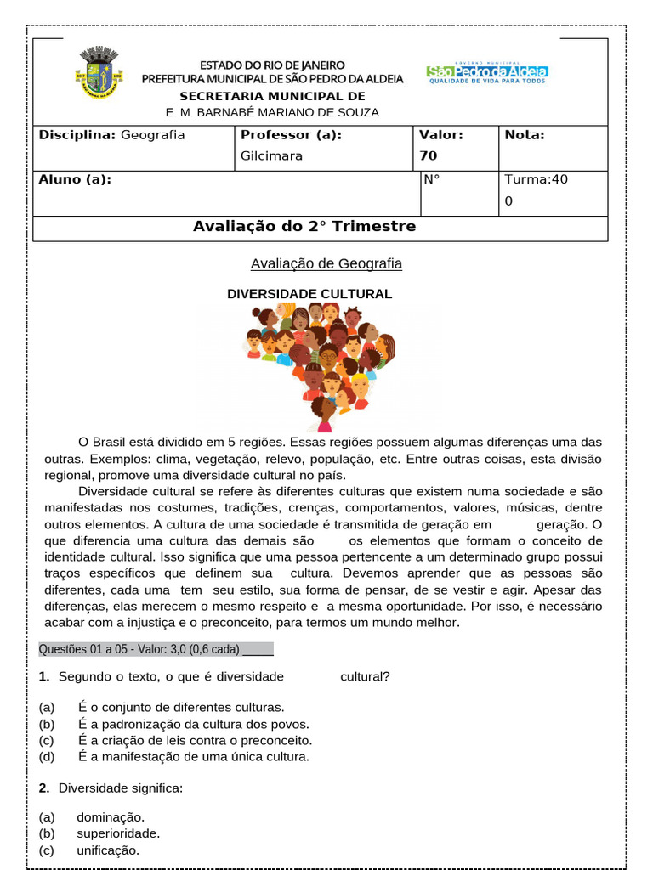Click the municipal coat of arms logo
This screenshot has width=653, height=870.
point(100,72)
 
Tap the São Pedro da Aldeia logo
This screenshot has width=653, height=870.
point(486,74)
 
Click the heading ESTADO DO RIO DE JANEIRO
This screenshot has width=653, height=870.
point(272,65)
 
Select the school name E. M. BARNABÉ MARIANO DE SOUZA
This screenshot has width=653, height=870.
point(272,112)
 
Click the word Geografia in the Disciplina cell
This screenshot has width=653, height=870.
point(153,135)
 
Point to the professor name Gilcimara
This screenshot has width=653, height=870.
point(271,156)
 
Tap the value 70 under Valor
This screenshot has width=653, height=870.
point(428,156)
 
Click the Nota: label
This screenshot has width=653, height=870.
point(525,135)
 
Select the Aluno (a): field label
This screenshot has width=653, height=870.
point(75,179)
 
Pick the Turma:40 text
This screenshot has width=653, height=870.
point(537,179)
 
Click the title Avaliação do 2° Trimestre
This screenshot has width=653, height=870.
point(304,227)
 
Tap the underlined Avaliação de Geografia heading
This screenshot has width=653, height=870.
point(326,263)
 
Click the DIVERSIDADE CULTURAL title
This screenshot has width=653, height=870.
point(309,294)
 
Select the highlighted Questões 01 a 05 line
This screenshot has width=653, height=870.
point(156,650)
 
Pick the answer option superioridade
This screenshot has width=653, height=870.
point(118,833)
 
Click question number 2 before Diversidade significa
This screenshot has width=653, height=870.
point(43,788)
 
